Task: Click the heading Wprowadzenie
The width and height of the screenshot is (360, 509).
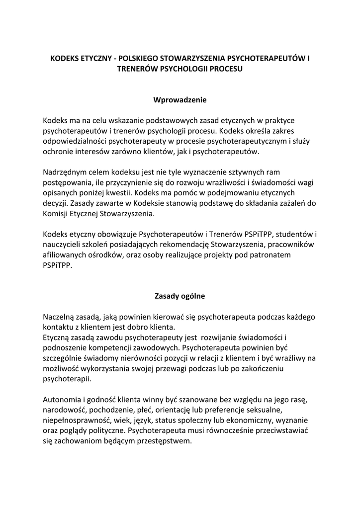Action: [x=180, y=100]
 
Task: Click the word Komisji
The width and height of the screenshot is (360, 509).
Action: [x=57, y=215]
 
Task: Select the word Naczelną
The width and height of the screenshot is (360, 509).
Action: [x=60, y=317]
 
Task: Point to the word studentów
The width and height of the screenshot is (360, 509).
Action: [x=294, y=234]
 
